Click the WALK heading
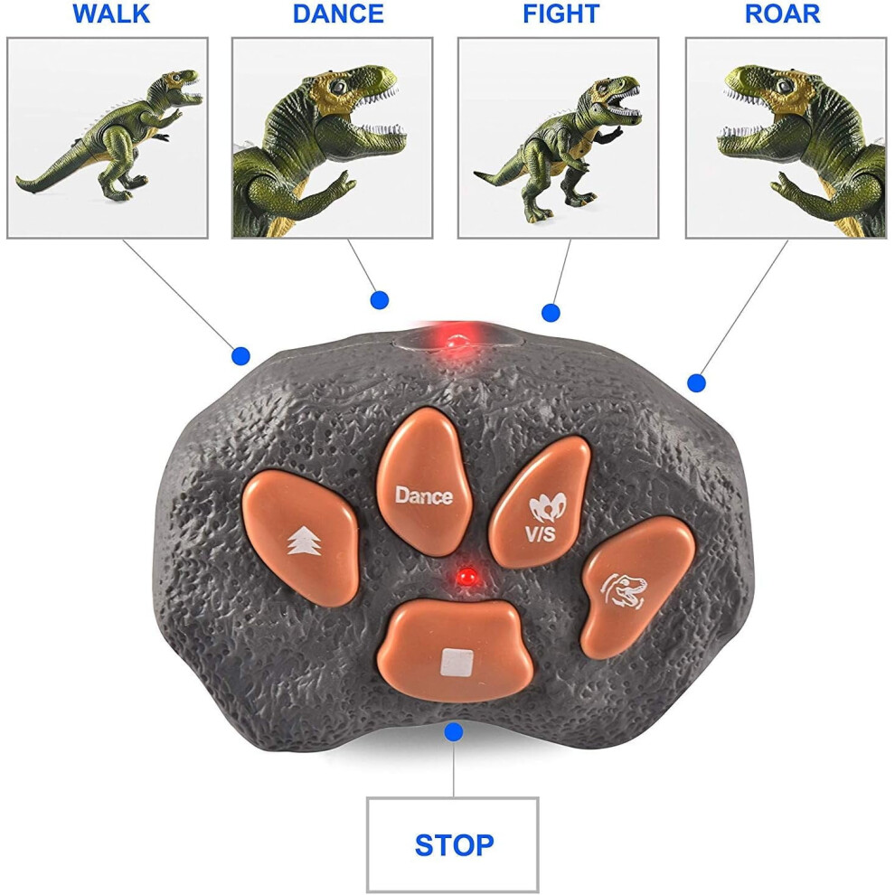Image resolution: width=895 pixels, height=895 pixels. pyautogui.click(x=111, y=14)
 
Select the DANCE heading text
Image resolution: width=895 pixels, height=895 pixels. pyautogui.click(x=338, y=14)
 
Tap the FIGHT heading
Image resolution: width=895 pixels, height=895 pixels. pyautogui.click(x=561, y=14)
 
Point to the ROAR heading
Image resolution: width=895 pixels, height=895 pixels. pyautogui.click(x=783, y=14)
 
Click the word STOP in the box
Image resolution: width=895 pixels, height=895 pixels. pyautogui.click(x=455, y=845)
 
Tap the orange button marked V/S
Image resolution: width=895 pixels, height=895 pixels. pyautogui.click(x=540, y=502)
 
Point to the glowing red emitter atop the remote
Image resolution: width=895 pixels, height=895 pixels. pyautogui.click(x=457, y=341)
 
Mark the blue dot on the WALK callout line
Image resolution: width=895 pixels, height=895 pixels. pyautogui.click(x=240, y=357)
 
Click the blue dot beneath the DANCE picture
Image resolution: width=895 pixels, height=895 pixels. pyautogui.click(x=380, y=299)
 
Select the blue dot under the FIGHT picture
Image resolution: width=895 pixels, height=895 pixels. pyautogui.click(x=551, y=313)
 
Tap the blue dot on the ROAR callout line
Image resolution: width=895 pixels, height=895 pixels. pyautogui.click(x=696, y=383)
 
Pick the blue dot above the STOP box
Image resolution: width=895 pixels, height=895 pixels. pyautogui.click(x=454, y=731)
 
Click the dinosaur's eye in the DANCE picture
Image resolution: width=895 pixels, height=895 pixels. pyautogui.click(x=339, y=87)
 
